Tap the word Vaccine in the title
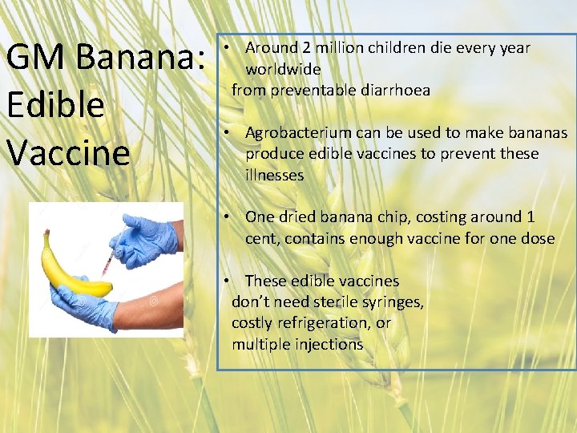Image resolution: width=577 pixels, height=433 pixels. click(68, 152)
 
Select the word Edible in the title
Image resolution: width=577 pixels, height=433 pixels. click(55, 105)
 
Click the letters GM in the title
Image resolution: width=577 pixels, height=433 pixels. click(32, 59)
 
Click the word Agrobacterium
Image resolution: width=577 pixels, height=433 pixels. click(298, 132)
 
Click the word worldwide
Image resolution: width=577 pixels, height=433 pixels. click(283, 69)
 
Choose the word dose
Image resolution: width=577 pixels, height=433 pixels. click(538, 238)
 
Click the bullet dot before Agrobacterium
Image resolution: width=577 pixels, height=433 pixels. click(228, 132)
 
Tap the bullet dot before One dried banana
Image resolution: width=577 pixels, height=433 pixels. click(228, 217)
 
